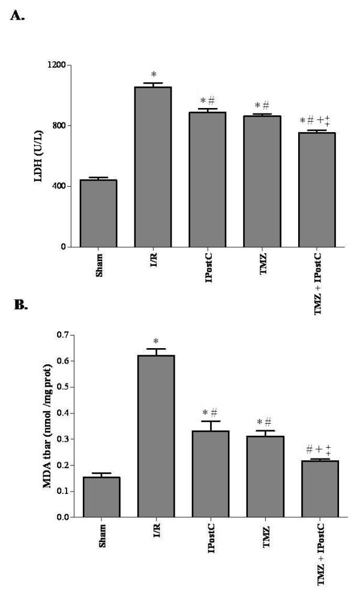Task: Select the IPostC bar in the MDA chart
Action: pos(211,474)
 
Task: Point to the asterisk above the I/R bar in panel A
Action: pos(154,75)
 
